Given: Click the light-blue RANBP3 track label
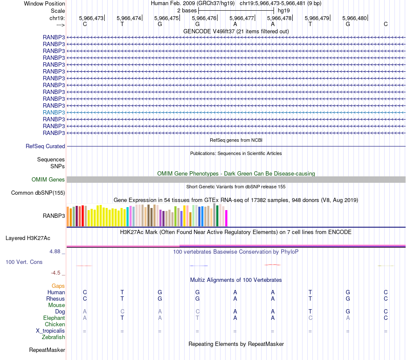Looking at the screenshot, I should (54, 112).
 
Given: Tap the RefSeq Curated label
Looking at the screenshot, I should (45, 146).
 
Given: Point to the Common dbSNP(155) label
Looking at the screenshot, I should (38, 193).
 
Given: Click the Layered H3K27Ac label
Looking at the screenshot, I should (28, 238).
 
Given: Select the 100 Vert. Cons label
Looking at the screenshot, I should (24, 262).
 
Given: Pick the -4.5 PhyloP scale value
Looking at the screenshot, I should (56, 272).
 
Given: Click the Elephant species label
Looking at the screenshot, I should (54, 318).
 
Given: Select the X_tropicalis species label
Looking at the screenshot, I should (50, 331).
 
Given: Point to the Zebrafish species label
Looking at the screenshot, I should (53, 337).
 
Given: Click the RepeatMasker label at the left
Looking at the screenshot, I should (47, 350).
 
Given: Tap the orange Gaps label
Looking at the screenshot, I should (58, 286).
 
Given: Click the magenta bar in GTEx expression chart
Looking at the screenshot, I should (226, 218).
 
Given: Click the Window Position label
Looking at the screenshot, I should (44, 3).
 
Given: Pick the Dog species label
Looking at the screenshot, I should (60, 312).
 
